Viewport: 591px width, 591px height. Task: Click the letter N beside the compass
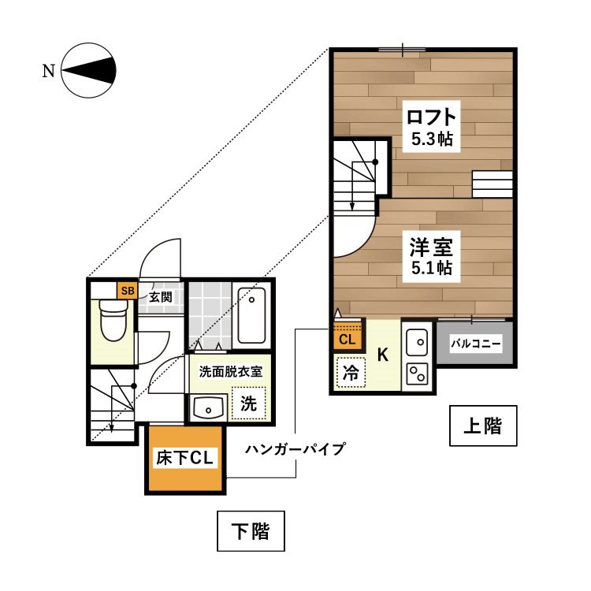pyautogui.click(x=49, y=71)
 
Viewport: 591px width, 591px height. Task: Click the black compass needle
pyautogui.click(x=88, y=70)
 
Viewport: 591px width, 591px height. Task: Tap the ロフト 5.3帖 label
pyautogui.click(x=431, y=127)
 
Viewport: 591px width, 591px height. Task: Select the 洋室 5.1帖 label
pyautogui.click(x=432, y=256)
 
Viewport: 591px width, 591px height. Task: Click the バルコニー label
pyautogui.click(x=476, y=344)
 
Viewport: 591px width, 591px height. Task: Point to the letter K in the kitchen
pyautogui.click(x=382, y=355)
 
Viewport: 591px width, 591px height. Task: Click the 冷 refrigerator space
pyautogui.click(x=351, y=373)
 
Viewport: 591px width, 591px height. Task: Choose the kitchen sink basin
pyautogui.click(x=417, y=342)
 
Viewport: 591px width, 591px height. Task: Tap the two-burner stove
pyautogui.click(x=417, y=374)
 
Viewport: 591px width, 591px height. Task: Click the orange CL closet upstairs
pyautogui.click(x=348, y=335)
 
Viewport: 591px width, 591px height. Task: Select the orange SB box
pyautogui.click(x=128, y=291)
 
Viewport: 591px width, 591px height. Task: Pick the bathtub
pyautogui.click(x=251, y=315)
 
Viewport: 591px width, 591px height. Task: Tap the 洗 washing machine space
pyautogui.click(x=248, y=403)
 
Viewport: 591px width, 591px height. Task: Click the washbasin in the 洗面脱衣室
pyautogui.click(x=208, y=408)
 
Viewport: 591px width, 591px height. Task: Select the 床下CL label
pyautogui.click(x=184, y=458)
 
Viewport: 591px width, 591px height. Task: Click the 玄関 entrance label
pyautogui.click(x=161, y=297)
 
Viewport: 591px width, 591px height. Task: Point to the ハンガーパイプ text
pyautogui.click(x=295, y=449)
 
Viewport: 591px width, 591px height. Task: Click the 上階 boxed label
pyautogui.click(x=483, y=426)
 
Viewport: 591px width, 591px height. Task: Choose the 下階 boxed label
pyautogui.click(x=251, y=531)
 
